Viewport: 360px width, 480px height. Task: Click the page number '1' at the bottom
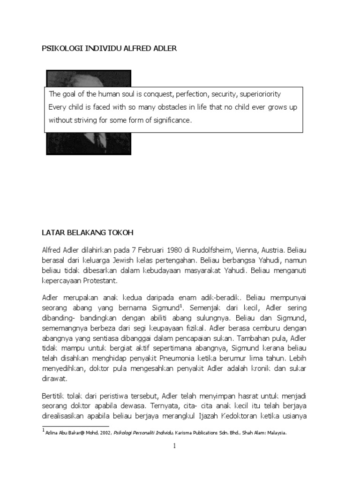click(174, 446)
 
